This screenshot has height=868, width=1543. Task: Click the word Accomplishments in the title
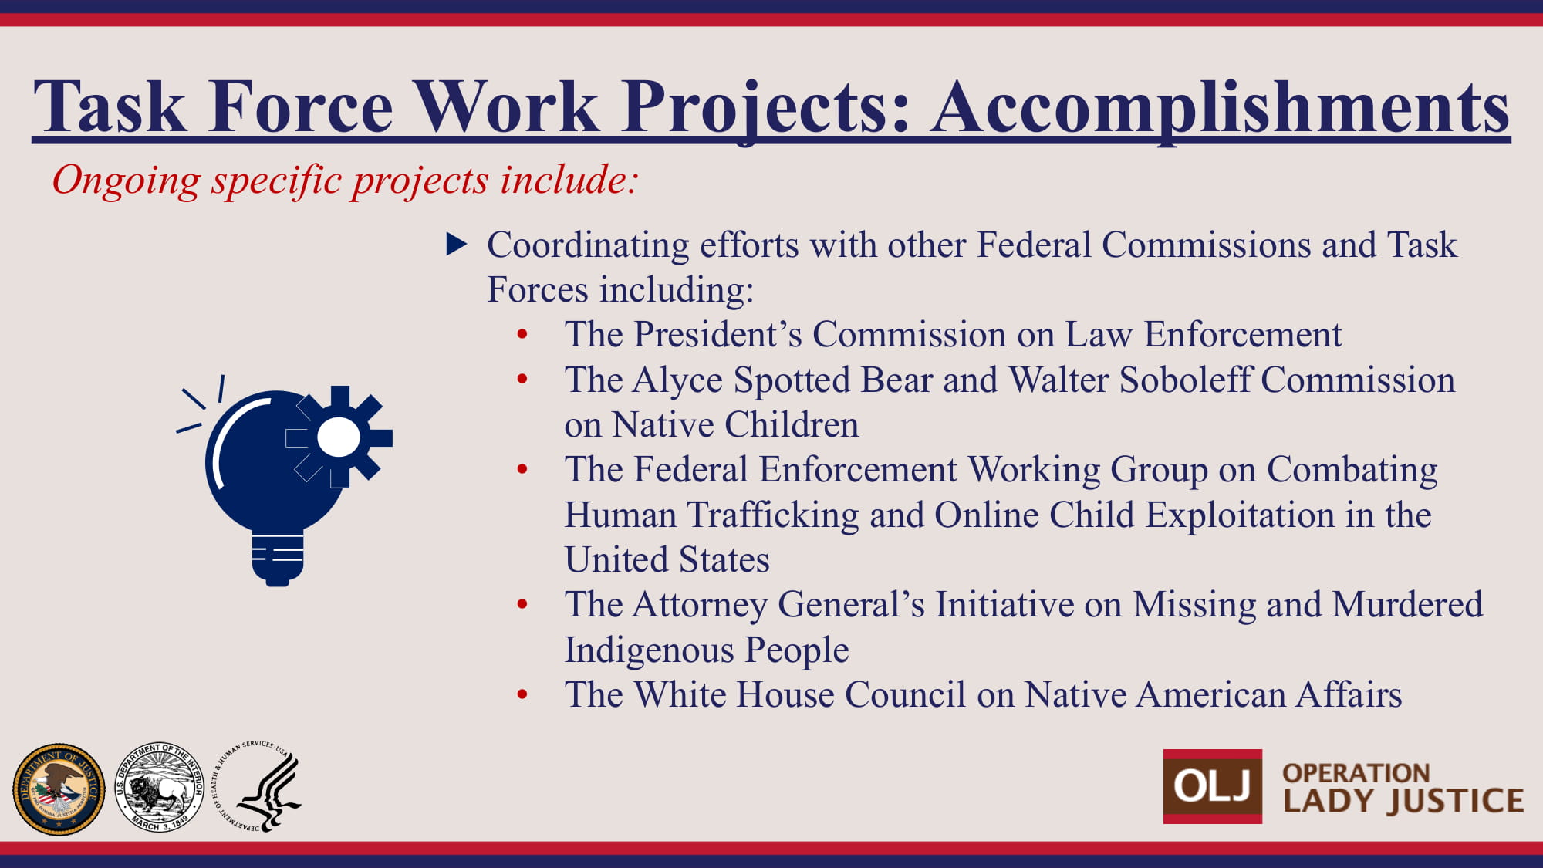(x=1220, y=108)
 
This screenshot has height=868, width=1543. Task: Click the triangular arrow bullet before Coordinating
(x=457, y=245)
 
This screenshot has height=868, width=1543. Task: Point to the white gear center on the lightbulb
(x=339, y=437)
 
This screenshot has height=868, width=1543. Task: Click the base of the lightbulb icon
(x=278, y=559)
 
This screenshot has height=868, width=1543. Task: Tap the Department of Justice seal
(x=59, y=789)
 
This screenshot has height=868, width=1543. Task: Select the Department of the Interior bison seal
(x=159, y=788)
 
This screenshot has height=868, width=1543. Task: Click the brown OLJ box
(x=1213, y=786)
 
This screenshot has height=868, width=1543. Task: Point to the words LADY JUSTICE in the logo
(x=1403, y=801)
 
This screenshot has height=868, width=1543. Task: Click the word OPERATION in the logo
(x=1356, y=772)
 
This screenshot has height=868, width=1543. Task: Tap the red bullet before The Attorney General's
(x=522, y=604)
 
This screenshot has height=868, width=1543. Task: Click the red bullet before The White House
(x=522, y=694)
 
